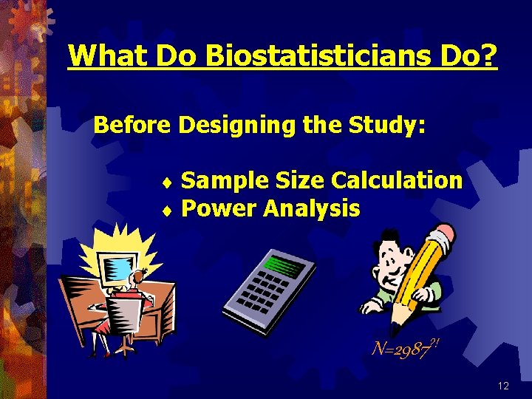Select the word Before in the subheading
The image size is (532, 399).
tap(132, 125)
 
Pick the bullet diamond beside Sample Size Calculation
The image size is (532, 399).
tap(167, 181)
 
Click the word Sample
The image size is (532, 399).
tap(225, 180)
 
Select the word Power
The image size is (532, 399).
tap(218, 209)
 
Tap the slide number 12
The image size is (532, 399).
tap(504, 386)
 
